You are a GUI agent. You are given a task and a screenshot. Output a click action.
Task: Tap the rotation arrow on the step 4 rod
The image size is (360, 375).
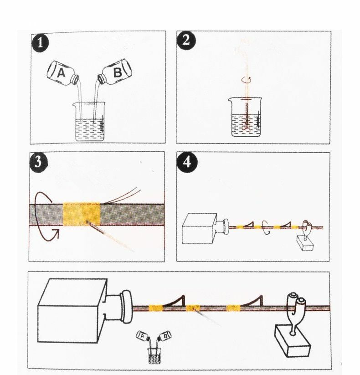(266, 226)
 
